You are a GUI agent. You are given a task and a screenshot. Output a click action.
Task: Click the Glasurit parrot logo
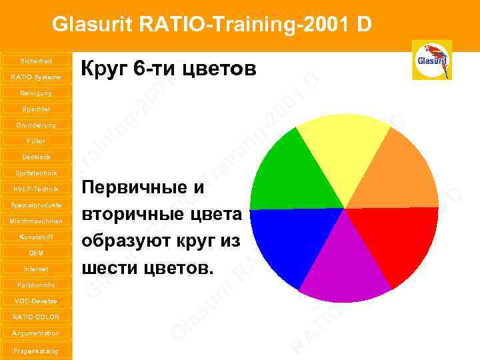pos(431,60)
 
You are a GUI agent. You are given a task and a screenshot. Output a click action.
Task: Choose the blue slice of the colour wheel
pos(283,240)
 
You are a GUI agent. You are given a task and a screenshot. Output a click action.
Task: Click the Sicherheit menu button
pos(36,61)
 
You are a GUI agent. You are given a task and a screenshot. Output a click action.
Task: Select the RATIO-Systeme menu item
pos(36,77)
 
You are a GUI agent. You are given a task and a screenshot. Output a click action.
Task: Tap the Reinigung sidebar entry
pos(36,93)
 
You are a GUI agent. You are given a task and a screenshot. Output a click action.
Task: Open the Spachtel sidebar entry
pos(36,109)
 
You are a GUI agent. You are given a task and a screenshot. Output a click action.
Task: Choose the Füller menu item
pos(36,141)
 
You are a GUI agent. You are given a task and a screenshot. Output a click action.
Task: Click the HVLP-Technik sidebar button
pos(36,189)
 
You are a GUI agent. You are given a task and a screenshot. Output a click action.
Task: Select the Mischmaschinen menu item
pos(36,221)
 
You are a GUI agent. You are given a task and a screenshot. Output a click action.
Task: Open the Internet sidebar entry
pos(36,269)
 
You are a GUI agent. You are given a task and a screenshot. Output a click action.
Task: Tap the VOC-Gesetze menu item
pos(36,301)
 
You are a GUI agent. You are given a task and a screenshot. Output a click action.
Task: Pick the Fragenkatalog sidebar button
pos(36,350)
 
